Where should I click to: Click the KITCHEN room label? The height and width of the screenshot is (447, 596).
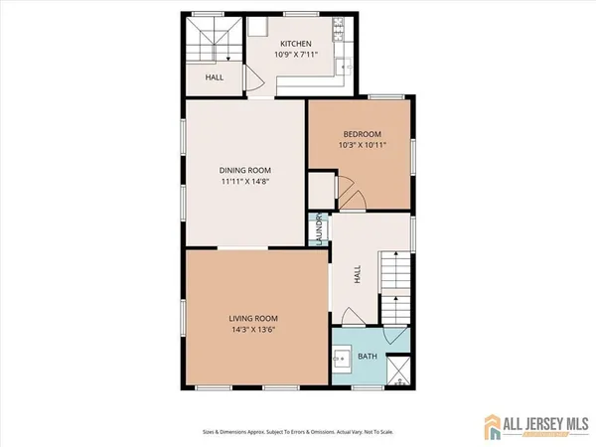click(x=295, y=44)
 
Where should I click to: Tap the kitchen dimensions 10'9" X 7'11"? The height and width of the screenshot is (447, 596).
click(x=295, y=56)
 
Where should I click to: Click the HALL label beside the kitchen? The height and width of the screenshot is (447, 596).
click(x=214, y=76)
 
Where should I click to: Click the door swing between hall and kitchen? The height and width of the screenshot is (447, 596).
click(x=254, y=83)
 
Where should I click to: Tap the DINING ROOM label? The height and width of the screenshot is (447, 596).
click(x=244, y=170)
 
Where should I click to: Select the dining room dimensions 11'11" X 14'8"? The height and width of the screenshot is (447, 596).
click(x=244, y=182)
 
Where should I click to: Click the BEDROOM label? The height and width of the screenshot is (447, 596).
click(x=363, y=133)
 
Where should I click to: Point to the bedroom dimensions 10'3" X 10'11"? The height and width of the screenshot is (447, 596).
click(x=363, y=145)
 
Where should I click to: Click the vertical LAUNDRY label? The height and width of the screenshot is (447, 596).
click(x=320, y=231)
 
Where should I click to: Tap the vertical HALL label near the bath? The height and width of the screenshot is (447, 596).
click(x=357, y=274)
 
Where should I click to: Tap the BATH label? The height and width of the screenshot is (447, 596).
click(x=368, y=356)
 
